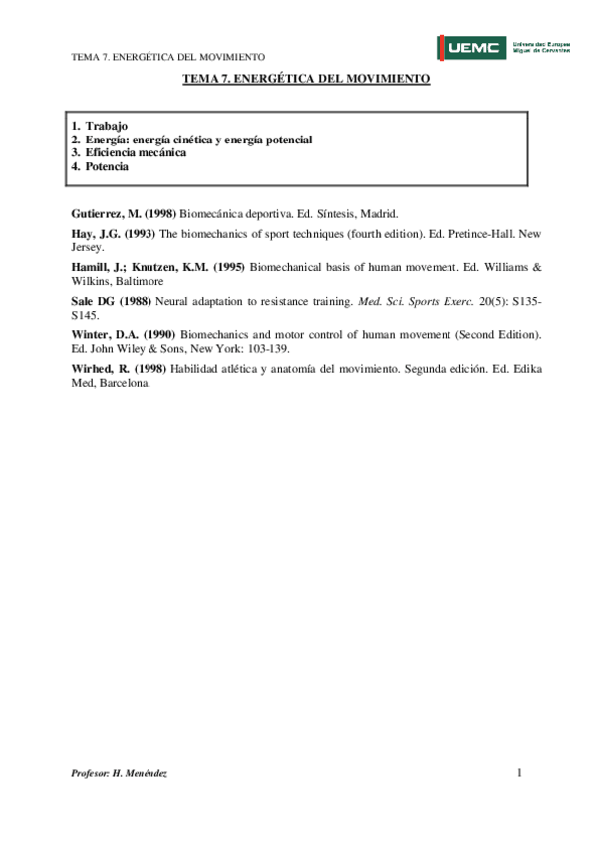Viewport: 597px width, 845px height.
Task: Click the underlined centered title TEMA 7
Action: click(306, 79)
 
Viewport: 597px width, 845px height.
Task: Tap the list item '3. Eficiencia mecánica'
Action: click(129, 153)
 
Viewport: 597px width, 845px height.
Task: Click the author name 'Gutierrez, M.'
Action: click(105, 213)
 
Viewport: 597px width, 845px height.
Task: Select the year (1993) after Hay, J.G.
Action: click(141, 234)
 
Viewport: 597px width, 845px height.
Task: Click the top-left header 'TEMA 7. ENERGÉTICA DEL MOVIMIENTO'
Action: click(167, 57)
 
